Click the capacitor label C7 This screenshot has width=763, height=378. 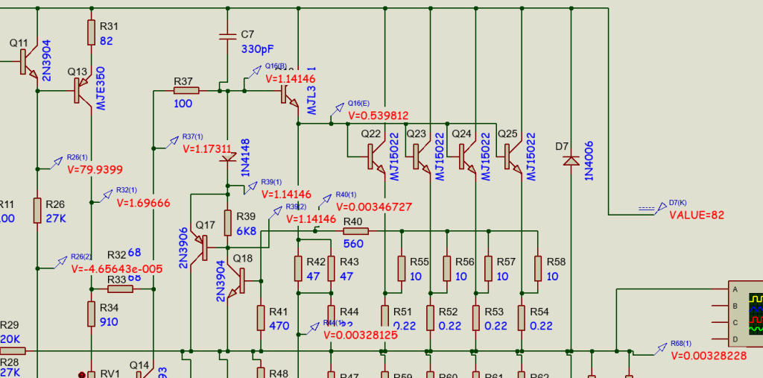[x=248, y=34]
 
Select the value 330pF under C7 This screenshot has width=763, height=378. [x=258, y=48]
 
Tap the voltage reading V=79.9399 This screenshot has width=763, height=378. [x=95, y=169]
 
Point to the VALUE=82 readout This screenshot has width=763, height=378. [x=697, y=215]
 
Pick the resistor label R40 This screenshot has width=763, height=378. [x=352, y=221]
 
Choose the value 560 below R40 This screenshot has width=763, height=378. [x=352, y=244]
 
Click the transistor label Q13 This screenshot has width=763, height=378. [x=77, y=72]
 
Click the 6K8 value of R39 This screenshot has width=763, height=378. [x=246, y=231]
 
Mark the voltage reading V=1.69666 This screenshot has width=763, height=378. [x=144, y=203]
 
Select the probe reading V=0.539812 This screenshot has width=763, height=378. [x=378, y=116]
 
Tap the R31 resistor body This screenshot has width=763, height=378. [x=92, y=31]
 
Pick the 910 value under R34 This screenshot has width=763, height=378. [x=109, y=322]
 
